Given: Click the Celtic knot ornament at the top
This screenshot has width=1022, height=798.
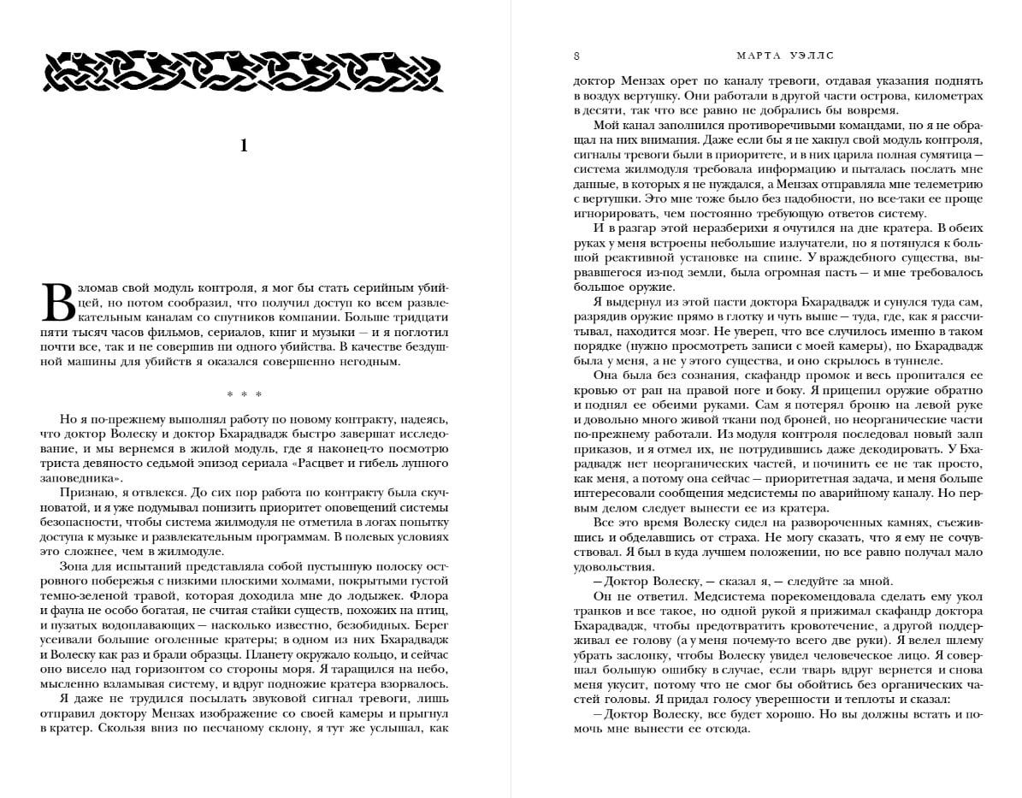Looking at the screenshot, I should pos(243,71).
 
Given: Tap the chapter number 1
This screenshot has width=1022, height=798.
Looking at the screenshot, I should pos(244,146).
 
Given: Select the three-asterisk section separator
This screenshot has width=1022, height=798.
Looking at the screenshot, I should pos(244,394).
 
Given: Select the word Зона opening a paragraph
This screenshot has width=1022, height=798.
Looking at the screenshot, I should pos(75,565).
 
